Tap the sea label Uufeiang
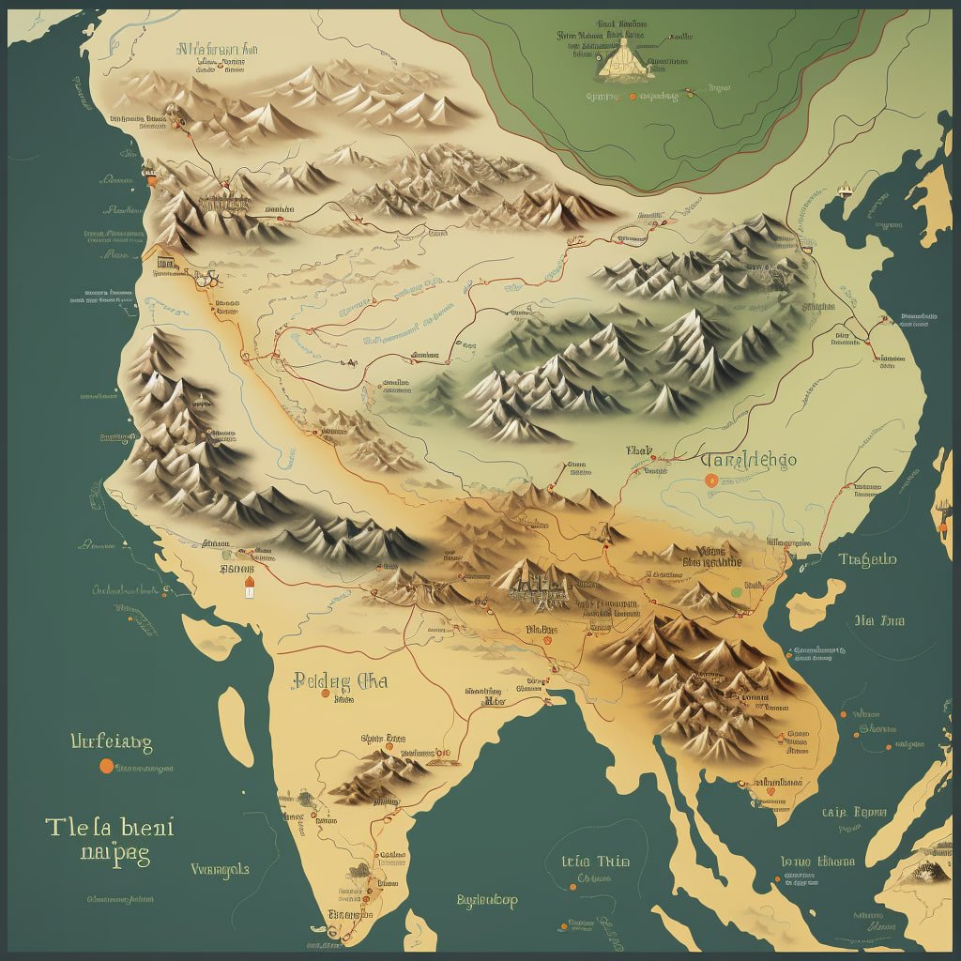click(111, 742)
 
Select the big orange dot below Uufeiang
click(105, 766)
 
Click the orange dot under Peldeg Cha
click(324, 694)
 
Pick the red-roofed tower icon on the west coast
click(249, 587)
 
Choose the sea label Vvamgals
click(219, 869)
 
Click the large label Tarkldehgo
click(748, 460)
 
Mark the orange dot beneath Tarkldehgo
click(710, 480)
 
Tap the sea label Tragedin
click(867, 560)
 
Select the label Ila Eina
click(878, 620)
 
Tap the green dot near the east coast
click(737, 592)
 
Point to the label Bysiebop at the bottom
click(486, 901)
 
